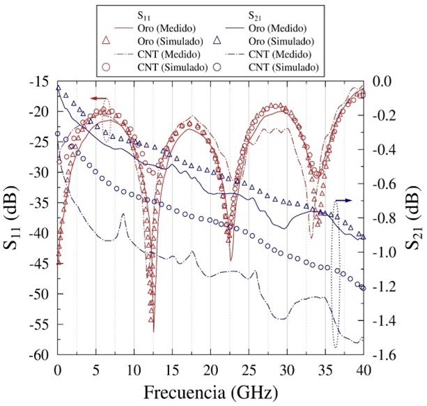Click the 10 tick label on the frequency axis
click(x=134, y=368)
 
